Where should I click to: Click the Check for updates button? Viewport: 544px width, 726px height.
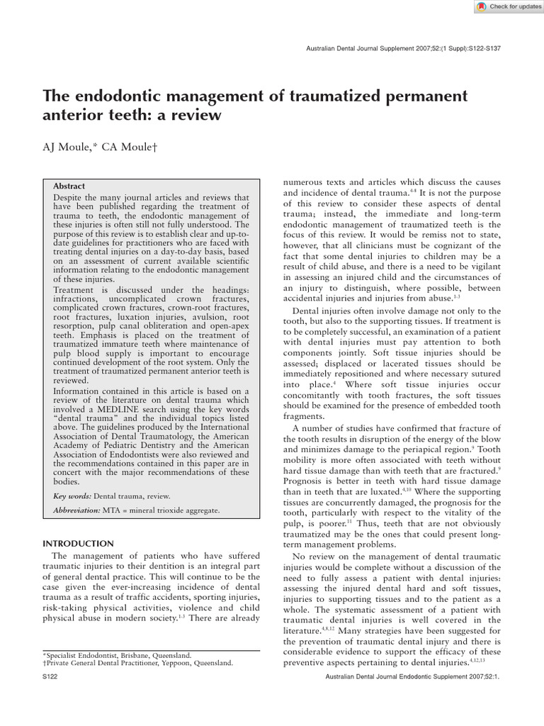(504, 6)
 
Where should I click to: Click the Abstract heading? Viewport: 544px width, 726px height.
(69, 186)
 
